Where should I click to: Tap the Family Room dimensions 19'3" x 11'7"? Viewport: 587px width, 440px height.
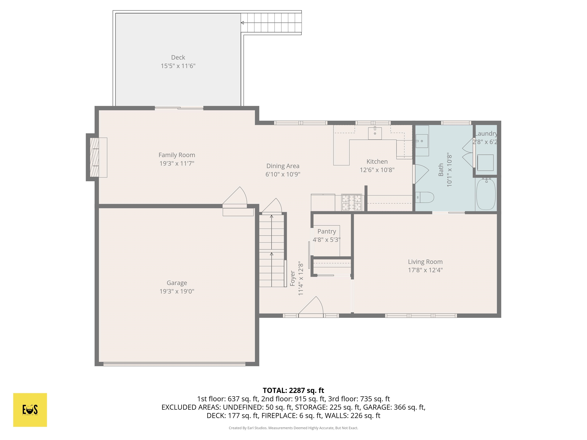click(x=177, y=163)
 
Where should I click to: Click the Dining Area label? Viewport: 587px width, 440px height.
click(x=283, y=166)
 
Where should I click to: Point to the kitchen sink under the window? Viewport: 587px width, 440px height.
click(x=375, y=133)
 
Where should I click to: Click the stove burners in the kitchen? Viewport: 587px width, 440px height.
click(x=351, y=203)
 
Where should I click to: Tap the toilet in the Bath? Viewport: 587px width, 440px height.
click(x=425, y=197)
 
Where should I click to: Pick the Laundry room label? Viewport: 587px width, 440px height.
click(x=486, y=134)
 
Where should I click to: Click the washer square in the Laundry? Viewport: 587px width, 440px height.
click(x=485, y=163)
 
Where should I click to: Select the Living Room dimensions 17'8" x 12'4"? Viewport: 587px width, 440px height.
click(x=425, y=270)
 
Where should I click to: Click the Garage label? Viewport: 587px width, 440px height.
click(x=177, y=283)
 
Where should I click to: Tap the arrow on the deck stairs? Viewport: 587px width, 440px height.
click(x=242, y=23)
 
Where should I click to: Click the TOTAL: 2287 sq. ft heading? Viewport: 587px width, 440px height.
click(x=293, y=390)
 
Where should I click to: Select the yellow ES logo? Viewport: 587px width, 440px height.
click(x=30, y=410)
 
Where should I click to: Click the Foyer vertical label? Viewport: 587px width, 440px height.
click(x=292, y=278)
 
